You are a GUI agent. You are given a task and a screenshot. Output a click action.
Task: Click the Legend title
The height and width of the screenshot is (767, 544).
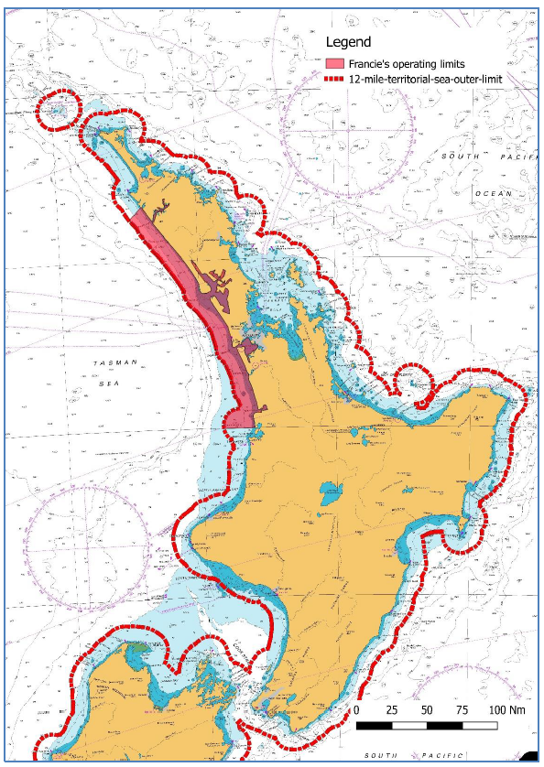click(x=351, y=42)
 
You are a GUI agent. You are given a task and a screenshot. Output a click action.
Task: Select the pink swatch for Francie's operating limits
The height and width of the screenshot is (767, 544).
click(x=336, y=64)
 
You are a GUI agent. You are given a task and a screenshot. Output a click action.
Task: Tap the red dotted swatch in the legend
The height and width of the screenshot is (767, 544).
click(x=336, y=79)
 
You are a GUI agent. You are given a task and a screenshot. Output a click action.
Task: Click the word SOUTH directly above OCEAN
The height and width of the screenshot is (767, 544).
click(x=463, y=157)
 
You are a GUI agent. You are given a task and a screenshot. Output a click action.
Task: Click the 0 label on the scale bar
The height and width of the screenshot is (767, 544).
click(x=357, y=710)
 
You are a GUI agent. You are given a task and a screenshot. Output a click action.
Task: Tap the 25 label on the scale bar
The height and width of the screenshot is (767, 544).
click(x=392, y=710)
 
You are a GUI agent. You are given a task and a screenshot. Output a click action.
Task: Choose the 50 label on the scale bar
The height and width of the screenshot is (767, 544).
click(x=427, y=710)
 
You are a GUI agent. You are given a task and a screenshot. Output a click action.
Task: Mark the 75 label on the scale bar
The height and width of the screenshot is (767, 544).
click(x=462, y=710)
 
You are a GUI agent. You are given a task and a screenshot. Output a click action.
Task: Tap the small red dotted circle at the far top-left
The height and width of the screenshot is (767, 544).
click(x=56, y=111)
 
